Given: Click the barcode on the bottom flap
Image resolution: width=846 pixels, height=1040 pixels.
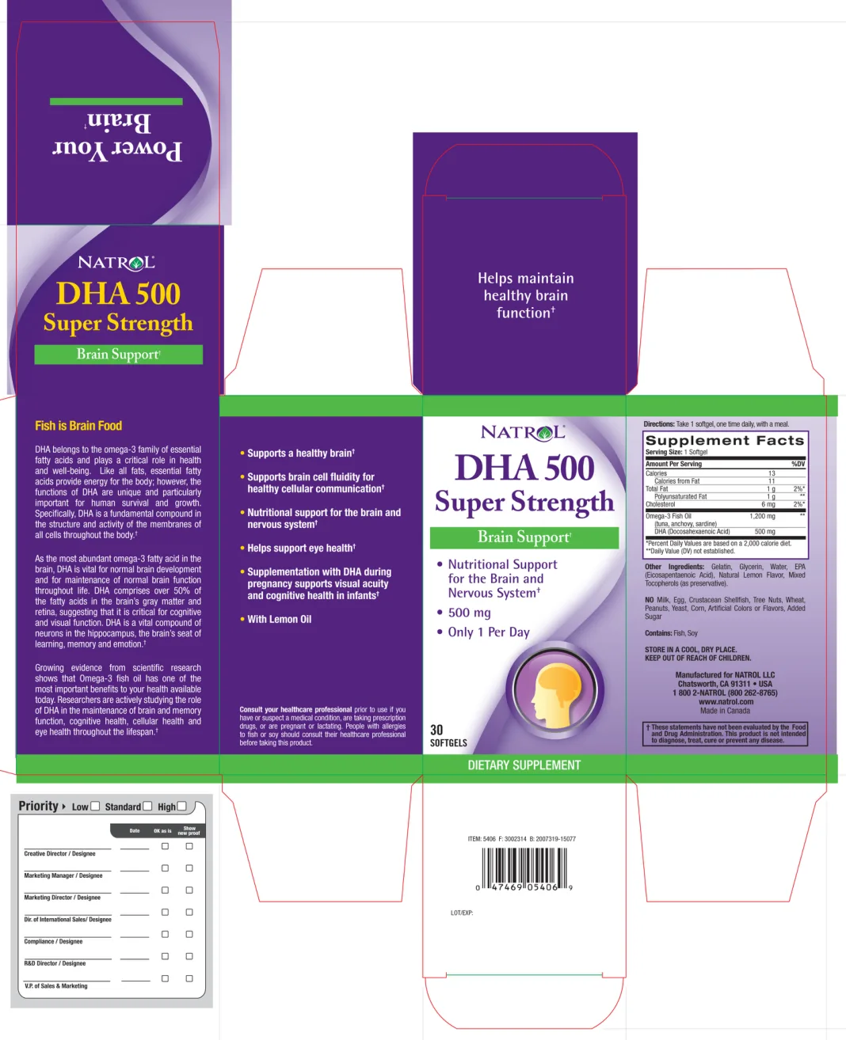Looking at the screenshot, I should coord(524,869).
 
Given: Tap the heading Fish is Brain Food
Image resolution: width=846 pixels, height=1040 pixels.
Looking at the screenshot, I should coord(78,426).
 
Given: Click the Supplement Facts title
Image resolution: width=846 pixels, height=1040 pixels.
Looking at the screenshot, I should coord(724,440).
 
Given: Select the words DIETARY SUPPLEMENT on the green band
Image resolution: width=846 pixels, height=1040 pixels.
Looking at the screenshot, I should coord(524,765).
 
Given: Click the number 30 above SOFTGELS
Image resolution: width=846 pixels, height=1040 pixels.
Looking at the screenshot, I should coord(436,730).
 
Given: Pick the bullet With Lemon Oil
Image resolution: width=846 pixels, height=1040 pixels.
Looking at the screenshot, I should coord(279,619).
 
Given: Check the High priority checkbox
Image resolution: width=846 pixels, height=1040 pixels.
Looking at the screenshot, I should coord(181,807).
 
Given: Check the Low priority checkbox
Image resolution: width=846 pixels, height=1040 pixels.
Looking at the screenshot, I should coord(95,807).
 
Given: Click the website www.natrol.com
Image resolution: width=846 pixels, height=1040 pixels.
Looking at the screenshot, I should coord(726,702).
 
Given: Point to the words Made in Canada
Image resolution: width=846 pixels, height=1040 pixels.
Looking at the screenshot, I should coord(725,711).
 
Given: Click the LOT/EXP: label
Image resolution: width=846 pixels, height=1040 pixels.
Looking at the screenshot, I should coord(462,913).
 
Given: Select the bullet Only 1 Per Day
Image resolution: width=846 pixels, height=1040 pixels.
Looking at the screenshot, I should coord(488,632).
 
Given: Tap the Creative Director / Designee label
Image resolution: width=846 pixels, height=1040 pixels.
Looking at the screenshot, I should coord(59,854).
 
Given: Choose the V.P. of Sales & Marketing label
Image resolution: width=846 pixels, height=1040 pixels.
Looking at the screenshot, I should coord(55,986).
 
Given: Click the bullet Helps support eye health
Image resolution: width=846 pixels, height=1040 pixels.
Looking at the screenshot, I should coord(301,548).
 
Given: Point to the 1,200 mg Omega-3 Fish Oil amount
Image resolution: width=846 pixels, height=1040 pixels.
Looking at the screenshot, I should coord(762,516).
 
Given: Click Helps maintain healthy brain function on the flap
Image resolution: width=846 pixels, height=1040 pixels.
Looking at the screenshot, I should coord(525,295).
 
